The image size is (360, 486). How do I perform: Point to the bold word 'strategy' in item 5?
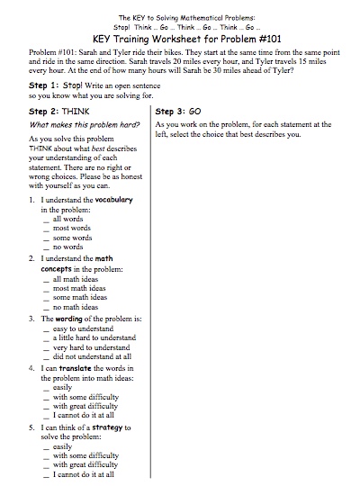pyautogui.click(x=124, y=427)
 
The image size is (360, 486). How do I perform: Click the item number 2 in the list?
pyautogui.click(x=31, y=259)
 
